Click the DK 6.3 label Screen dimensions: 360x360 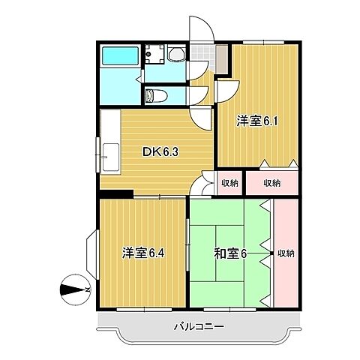click(x=160, y=151)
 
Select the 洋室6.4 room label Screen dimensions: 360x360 click(x=143, y=253)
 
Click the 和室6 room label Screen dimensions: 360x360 click(x=230, y=253)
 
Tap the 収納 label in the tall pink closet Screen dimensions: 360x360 click(x=285, y=253)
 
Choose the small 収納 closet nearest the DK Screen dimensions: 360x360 click(x=229, y=182)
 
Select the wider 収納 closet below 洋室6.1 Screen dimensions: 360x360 click(x=271, y=182)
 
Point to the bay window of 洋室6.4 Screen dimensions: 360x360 click(x=91, y=253)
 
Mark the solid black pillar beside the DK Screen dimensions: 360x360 click(x=113, y=196)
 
